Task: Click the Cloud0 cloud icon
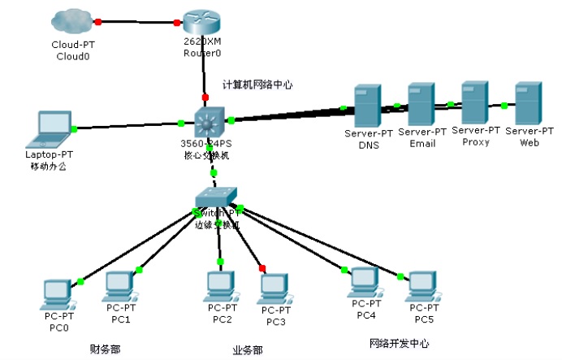coord(71,23)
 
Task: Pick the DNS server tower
coord(366,106)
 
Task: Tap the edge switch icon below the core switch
coord(216,196)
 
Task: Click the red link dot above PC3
coord(262,268)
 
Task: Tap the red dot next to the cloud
coord(98,21)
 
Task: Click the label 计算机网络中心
coord(257,85)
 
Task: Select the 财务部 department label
coord(105,349)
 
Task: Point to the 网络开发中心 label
coord(399,343)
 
